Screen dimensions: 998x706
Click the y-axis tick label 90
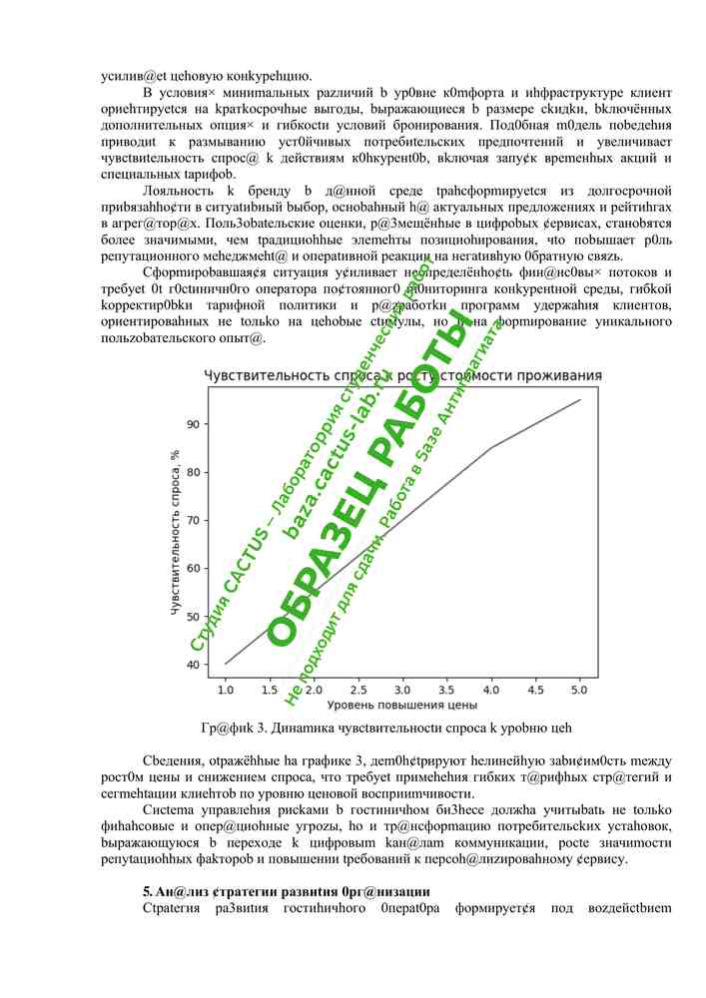[196, 424]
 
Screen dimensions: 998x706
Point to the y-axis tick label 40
[196, 665]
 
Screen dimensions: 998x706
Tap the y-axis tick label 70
[196, 521]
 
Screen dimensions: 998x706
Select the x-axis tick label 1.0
[226, 690]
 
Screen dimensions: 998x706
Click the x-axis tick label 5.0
[580, 690]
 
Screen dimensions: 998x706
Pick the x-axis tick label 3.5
[447, 690]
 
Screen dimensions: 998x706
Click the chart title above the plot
[402, 375]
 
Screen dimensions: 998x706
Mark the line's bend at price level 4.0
[491, 447]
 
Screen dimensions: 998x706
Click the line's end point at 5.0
[580, 399]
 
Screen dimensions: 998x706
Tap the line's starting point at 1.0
[226, 664]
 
